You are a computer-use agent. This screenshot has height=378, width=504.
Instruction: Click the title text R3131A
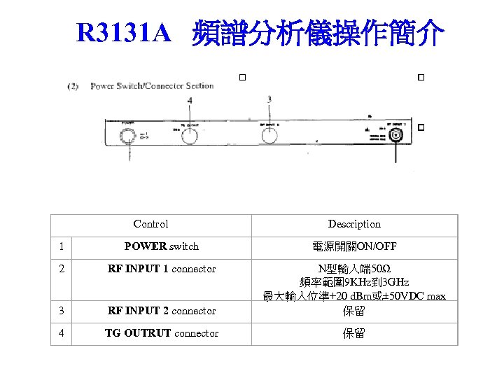(124, 31)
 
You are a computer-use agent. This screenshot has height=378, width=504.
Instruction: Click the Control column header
(150, 224)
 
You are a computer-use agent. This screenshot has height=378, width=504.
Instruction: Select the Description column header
(354, 224)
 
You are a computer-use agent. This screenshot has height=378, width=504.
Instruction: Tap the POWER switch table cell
(161, 246)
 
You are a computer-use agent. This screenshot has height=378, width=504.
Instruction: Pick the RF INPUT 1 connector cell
(161, 269)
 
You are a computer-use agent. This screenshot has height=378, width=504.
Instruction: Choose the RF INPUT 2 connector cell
(161, 311)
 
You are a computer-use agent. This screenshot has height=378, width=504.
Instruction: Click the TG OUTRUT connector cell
(161, 333)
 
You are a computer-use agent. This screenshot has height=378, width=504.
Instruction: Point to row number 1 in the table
(62, 246)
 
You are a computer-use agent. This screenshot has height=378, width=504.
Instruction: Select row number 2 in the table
(62, 269)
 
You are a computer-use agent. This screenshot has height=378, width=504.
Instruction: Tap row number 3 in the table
(62, 311)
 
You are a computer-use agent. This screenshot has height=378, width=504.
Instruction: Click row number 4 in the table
(62, 333)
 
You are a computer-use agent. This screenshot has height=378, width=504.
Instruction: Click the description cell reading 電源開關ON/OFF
(354, 246)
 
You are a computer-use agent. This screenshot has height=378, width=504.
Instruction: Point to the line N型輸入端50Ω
(354, 269)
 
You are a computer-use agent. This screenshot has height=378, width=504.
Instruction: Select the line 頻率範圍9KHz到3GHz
(354, 282)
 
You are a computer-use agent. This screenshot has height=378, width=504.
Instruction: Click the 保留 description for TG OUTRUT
(354, 333)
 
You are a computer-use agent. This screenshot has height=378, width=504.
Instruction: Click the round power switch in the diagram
(128, 134)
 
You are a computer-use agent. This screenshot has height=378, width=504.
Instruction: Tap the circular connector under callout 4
(190, 135)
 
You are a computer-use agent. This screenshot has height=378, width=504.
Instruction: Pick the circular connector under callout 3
(269, 135)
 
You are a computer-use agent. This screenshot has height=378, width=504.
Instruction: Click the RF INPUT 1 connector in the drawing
(397, 135)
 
